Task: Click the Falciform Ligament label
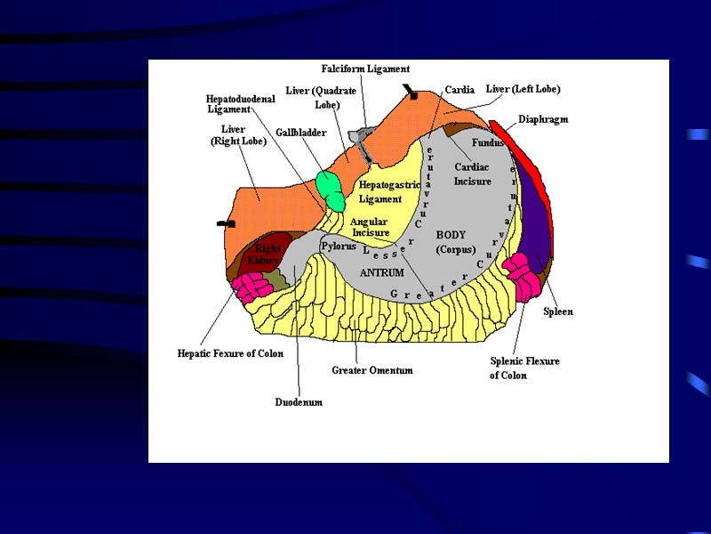pos(365,69)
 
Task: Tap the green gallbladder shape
pos(332,188)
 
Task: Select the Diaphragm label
pos(543,119)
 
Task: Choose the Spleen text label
pos(558,311)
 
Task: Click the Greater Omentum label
pos(371,370)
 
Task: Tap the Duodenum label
pos(299,402)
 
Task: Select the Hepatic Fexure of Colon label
pos(230,353)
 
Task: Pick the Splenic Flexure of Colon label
pos(524,368)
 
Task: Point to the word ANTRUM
pos(381,272)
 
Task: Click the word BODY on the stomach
pos(451,235)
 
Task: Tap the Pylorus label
pos(339,246)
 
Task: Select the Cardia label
pos(460,90)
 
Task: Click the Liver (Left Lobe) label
pos(523,89)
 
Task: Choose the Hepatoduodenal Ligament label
pos(241,103)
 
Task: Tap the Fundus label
pos(488,142)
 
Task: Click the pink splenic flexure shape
pos(521,275)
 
